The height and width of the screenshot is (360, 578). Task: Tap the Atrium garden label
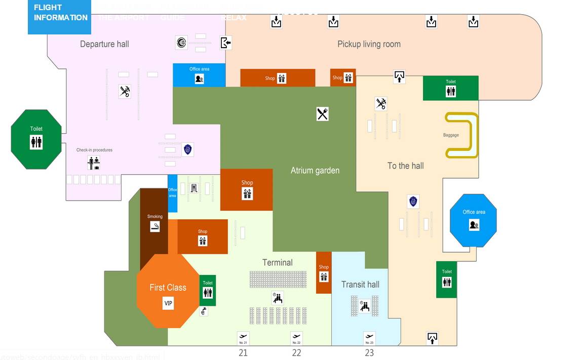pyautogui.click(x=315, y=171)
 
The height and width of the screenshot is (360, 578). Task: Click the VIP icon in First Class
pyautogui.click(x=168, y=303)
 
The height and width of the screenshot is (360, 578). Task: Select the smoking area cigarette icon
pyautogui.click(x=155, y=226)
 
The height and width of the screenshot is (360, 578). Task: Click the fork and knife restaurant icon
pyautogui.click(x=323, y=114)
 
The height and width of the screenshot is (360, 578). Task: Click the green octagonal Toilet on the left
pyautogui.click(x=36, y=139)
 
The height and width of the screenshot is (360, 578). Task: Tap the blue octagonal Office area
pyautogui.click(x=474, y=221)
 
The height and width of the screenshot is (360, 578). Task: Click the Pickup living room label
pyautogui.click(x=369, y=44)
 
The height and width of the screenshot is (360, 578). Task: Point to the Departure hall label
pyautogui.click(x=104, y=44)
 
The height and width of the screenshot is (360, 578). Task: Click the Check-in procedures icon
pyautogui.click(x=94, y=163)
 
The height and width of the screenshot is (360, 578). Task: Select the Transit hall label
pyautogui.click(x=360, y=285)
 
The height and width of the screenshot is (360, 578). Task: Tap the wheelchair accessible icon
pyautogui.click(x=204, y=311)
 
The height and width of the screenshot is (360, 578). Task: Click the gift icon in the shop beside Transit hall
pyautogui.click(x=324, y=277)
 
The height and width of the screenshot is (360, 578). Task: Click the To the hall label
pyautogui.click(x=405, y=166)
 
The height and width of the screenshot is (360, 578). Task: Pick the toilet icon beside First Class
pyautogui.click(x=208, y=293)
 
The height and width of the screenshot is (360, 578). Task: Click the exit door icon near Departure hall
pyautogui.click(x=225, y=43)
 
